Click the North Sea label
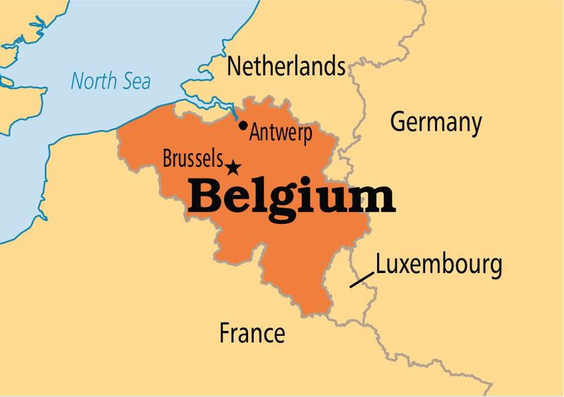111,80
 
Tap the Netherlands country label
286,68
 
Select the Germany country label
436,122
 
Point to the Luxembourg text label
439,265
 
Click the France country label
252,332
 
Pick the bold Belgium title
292,198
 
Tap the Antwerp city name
280,133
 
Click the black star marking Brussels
233,167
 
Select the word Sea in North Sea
135,81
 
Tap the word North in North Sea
92,80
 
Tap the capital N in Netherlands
235,67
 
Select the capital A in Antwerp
255,132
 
